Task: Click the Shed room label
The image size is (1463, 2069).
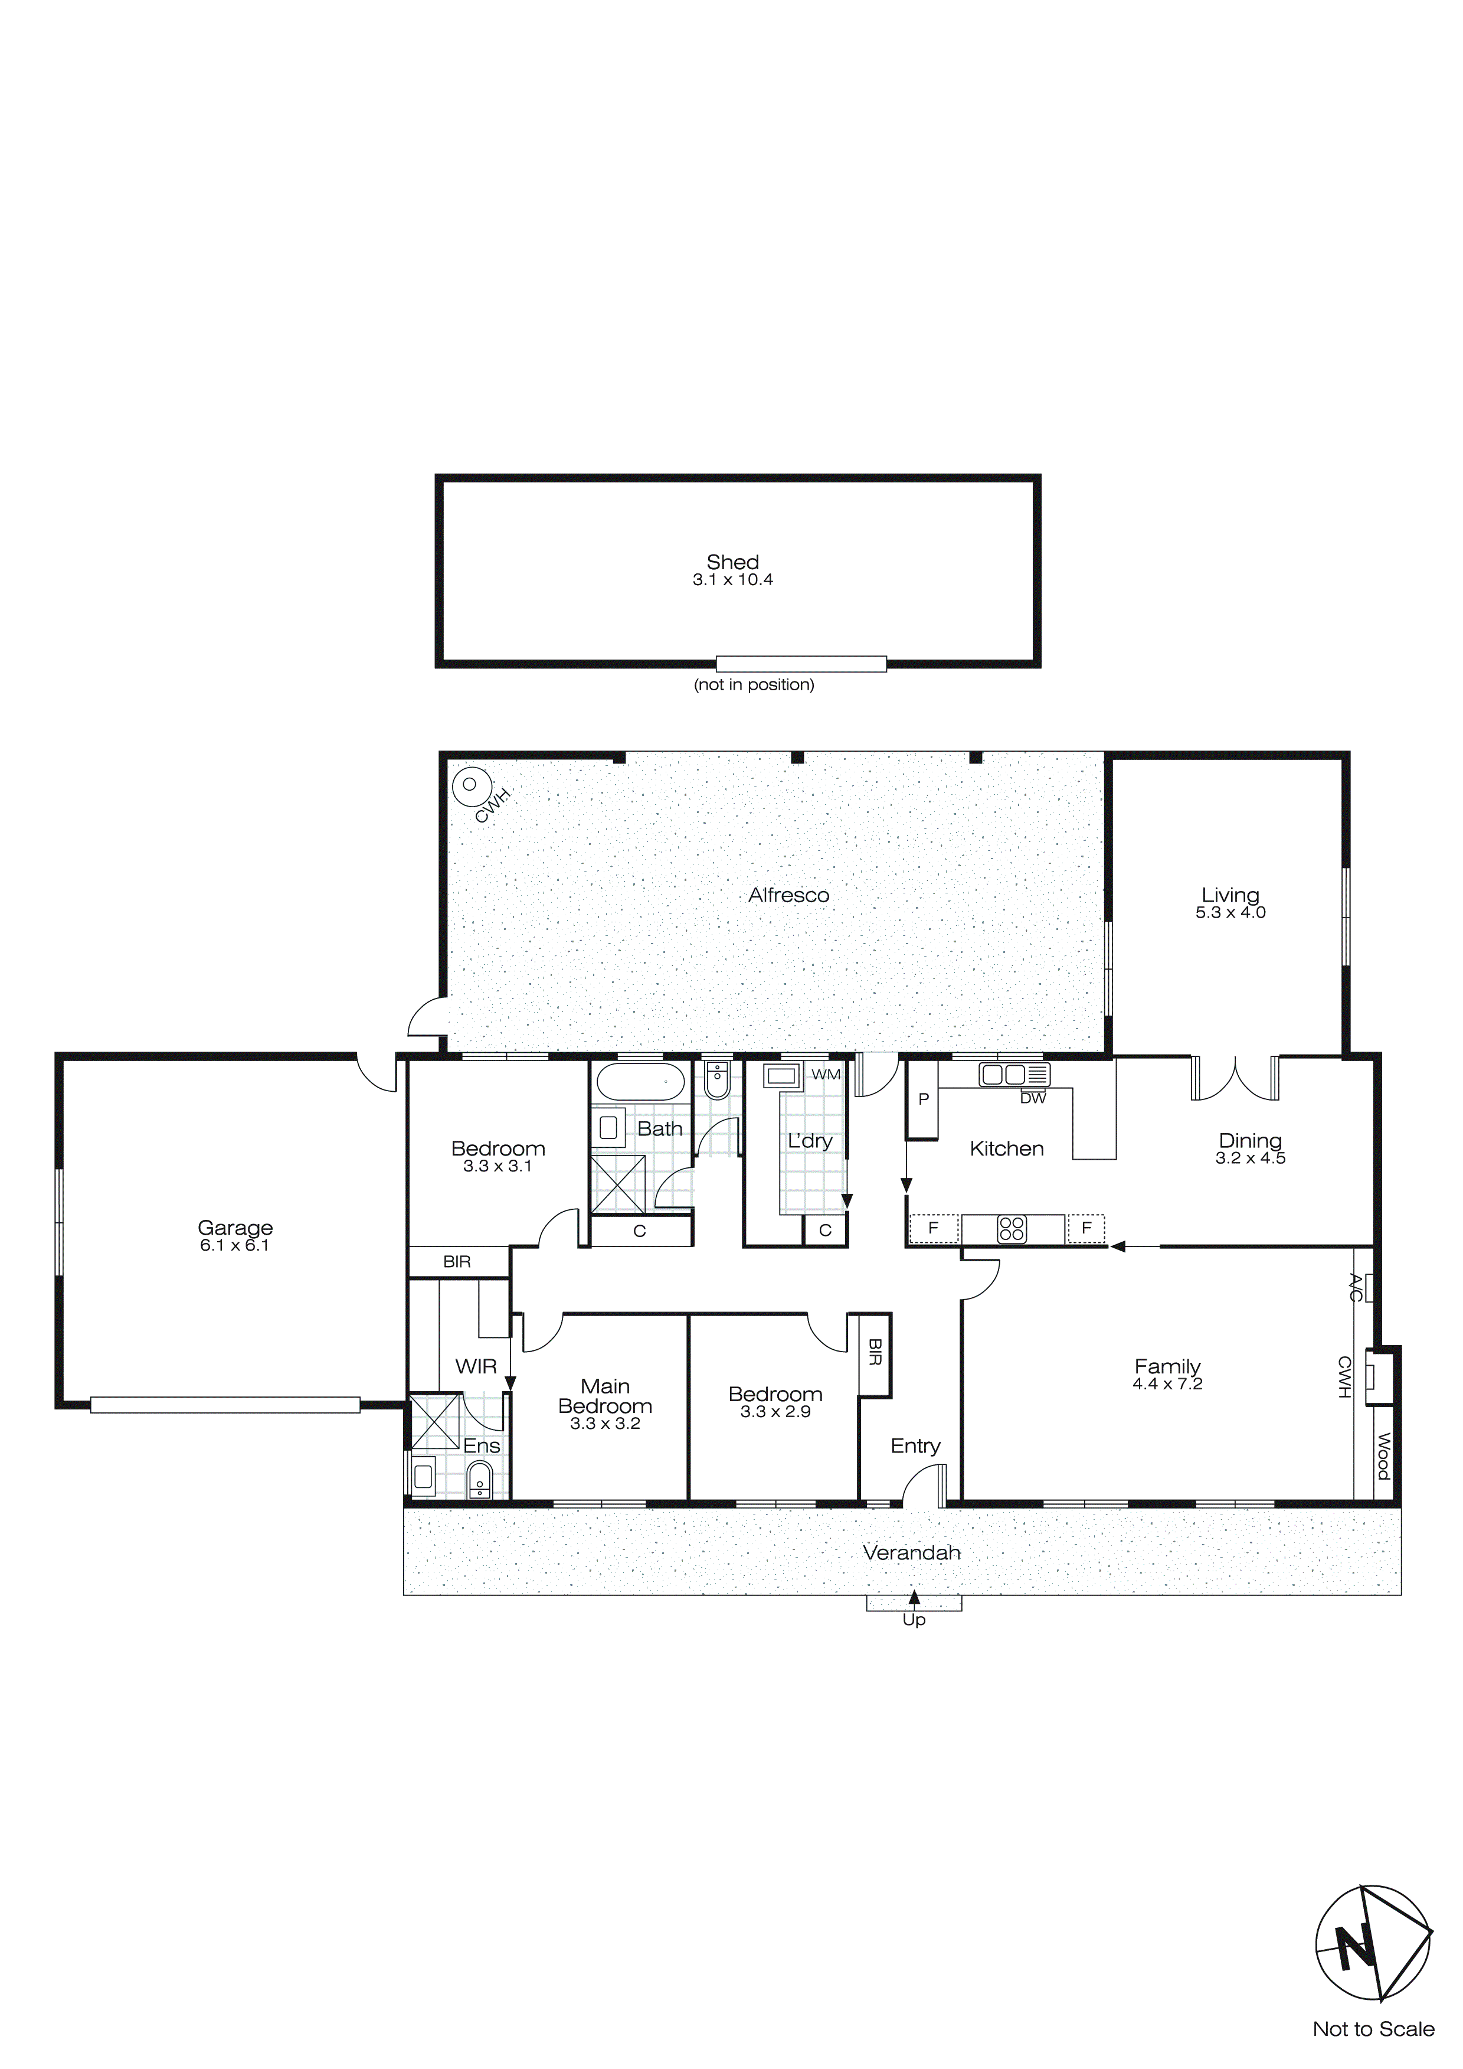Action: click(732, 562)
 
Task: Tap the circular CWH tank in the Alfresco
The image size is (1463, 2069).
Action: click(469, 785)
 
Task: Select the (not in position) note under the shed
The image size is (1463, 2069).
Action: click(754, 685)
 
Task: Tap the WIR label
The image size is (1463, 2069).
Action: click(476, 1366)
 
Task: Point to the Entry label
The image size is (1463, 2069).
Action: click(915, 1445)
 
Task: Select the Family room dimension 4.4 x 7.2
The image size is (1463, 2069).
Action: click(1167, 1383)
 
